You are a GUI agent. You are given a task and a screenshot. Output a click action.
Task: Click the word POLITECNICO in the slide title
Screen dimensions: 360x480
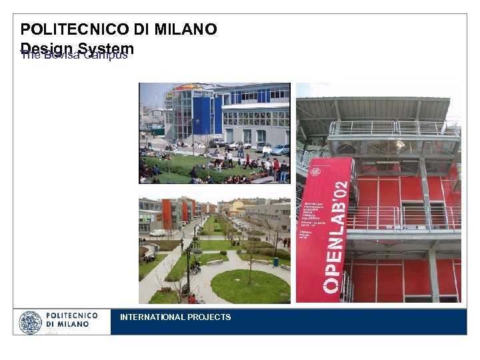tap(74, 29)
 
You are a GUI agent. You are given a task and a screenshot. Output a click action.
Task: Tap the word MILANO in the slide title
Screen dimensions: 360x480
tap(185, 29)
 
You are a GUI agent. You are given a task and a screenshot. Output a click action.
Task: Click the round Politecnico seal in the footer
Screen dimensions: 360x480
tap(30, 322)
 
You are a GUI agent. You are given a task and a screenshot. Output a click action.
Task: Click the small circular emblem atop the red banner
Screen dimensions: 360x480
tap(315, 171)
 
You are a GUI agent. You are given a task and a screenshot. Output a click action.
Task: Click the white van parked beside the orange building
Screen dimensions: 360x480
tap(157, 233)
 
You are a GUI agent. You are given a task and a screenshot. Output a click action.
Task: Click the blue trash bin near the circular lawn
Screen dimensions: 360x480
tap(275, 262)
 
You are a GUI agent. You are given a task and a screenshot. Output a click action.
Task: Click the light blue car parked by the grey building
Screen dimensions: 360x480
tap(280, 149)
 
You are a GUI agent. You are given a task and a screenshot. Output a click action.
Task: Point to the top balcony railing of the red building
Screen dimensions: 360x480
tap(393, 129)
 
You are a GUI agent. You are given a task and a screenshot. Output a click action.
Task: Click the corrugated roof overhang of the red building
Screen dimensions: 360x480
tap(373, 107)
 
